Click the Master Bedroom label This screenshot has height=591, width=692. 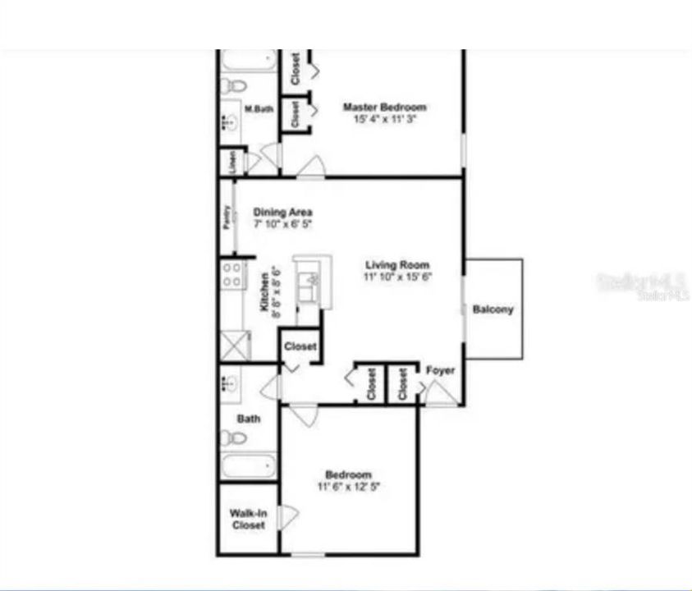(x=384, y=108)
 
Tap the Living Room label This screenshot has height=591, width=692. (x=398, y=265)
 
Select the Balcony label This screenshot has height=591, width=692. (x=493, y=309)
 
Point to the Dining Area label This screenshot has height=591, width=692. (x=282, y=212)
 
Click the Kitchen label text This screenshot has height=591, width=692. (x=264, y=292)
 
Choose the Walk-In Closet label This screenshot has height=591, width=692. (x=248, y=520)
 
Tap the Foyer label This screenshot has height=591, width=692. (x=440, y=371)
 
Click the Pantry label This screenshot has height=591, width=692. (x=226, y=218)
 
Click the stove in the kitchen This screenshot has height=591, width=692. (x=232, y=274)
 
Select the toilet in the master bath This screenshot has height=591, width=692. (x=236, y=85)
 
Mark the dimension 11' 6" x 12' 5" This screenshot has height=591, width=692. (x=349, y=486)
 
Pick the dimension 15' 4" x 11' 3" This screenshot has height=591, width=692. (x=384, y=119)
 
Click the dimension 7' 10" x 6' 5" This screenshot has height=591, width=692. (x=282, y=223)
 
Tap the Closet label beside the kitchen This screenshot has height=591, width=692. (x=300, y=346)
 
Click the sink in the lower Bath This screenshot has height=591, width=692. (x=229, y=383)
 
